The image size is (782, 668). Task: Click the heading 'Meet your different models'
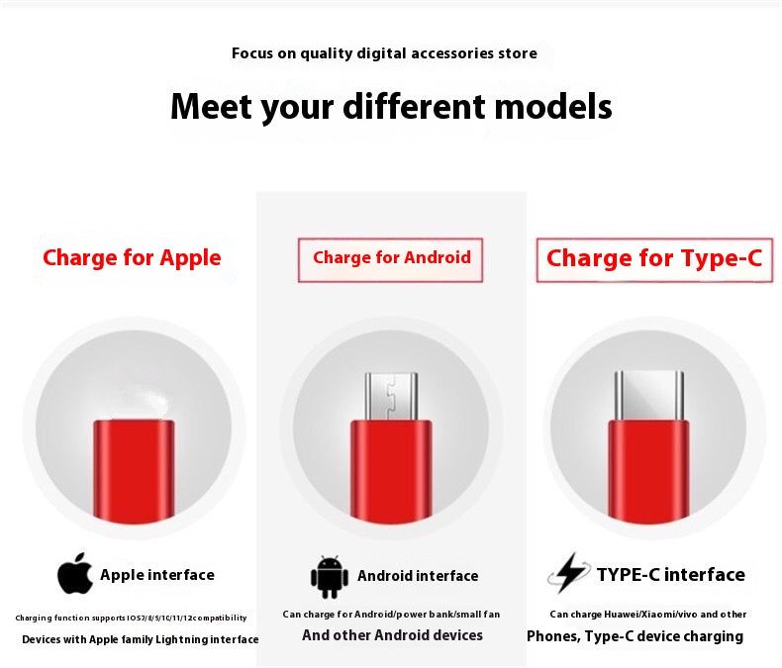click(x=391, y=107)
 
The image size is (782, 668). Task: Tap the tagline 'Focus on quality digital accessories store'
click(x=384, y=53)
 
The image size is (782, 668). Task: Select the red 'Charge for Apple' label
click(x=132, y=258)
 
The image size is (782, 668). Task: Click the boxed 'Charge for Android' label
click(x=391, y=258)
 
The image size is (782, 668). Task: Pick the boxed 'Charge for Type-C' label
click(x=654, y=258)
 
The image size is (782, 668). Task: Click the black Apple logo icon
click(x=74, y=574)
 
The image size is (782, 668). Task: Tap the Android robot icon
click(x=330, y=576)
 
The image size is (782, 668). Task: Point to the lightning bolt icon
click(x=568, y=573)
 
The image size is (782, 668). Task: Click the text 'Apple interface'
click(x=157, y=575)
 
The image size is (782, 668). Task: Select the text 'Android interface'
click(x=418, y=576)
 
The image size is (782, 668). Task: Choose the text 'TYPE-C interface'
click(x=671, y=575)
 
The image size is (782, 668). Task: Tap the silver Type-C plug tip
click(x=648, y=395)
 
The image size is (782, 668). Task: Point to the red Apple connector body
click(x=134, y=469)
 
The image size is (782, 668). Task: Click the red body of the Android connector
click(x=391, y=471)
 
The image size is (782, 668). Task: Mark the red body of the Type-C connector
click(x=648, y=471)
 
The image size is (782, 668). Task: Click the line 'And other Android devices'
click(x=392, y=635)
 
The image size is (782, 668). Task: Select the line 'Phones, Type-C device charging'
click(x=635, y=636)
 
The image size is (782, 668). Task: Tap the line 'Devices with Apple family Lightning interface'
click(x=140, y=640)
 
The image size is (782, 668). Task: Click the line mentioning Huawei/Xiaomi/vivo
click(x=648, y=615)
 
